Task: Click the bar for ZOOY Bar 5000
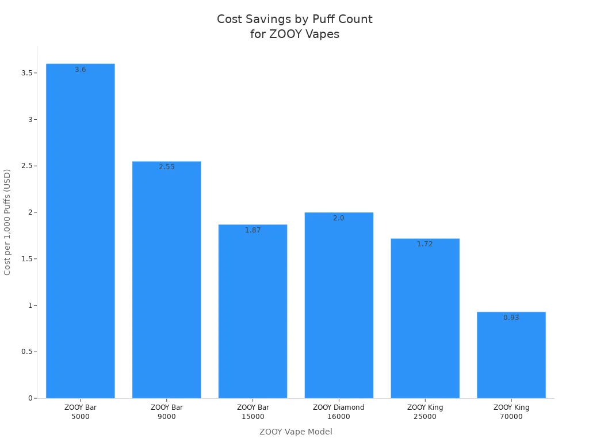tap(81, 230)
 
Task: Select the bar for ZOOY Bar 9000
tap(167, 280)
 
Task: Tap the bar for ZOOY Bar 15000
tap(253, 311)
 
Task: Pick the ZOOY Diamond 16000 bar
tap(339, 305)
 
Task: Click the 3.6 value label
tap(81, 70)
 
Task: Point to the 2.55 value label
tap(167, 167)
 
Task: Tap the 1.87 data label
tap(253, 230)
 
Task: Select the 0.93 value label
tap(511, 318)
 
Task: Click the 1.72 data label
tap(425, 244)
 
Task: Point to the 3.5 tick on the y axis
tap(26, 73)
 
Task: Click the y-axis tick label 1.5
tap(26, 259)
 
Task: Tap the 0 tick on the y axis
tap(30, 398)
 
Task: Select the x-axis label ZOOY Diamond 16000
tap(339, 412)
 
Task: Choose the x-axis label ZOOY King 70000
tap(511, 412)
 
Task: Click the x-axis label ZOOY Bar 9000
tap(167, 412)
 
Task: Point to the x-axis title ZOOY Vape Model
tap(296, 432)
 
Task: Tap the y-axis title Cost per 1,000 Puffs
tap(7, 222)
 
